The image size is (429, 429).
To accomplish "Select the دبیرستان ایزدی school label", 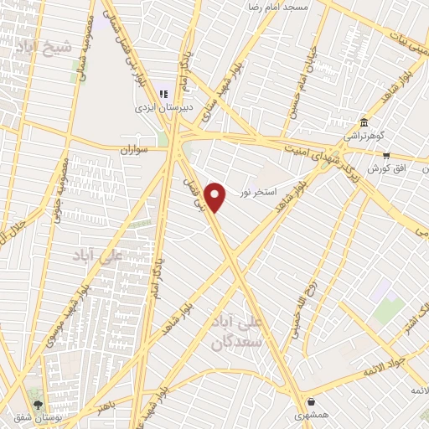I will [164, 108].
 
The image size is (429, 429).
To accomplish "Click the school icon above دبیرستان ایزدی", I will [164, 94].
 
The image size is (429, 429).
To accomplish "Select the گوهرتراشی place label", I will [361, 135].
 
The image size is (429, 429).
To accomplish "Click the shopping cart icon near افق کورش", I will [385, 154].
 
